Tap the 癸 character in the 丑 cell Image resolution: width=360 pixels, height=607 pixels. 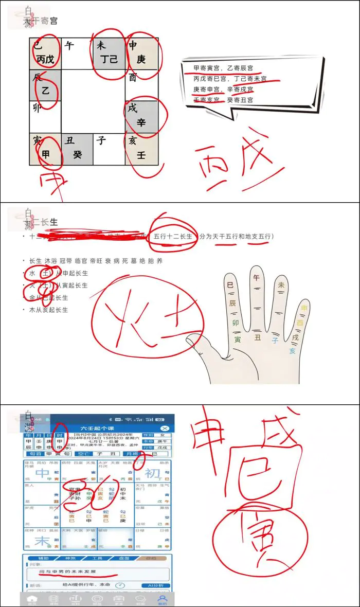tap(77, 154)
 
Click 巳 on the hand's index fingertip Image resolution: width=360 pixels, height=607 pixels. tap(230, 284)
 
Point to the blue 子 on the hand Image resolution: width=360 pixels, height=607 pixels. tap(275, 340)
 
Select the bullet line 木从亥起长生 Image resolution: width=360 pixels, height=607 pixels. tap(48, 310)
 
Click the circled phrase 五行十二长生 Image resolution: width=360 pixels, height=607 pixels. tap(173, 236)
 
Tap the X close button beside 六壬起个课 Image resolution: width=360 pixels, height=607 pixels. tap(165, 428)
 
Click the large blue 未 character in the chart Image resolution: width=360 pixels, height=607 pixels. tap(42, 540)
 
